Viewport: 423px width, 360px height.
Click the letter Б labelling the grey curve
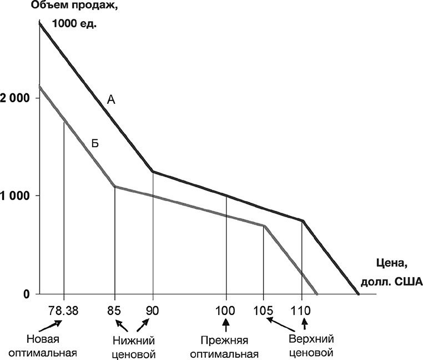point(95,143)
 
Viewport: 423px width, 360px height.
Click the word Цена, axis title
point(383,266)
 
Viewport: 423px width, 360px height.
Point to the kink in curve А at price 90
point(153,172)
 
